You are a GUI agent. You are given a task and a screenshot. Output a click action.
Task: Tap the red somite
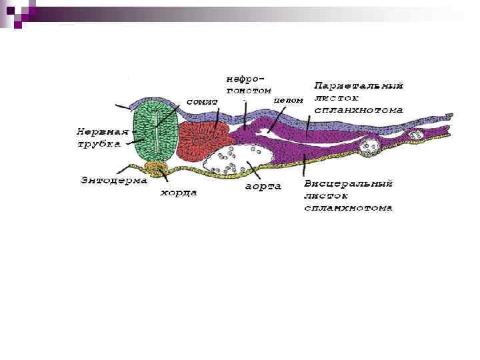tap(199, 140)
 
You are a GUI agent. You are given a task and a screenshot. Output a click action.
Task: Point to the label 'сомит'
tap(202, 101)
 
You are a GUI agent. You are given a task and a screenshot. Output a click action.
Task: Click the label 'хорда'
tap(177, 193)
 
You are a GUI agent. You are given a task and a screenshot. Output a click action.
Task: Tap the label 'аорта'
tap(263, 186)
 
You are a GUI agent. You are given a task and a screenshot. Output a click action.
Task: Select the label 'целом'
tap(289, 99)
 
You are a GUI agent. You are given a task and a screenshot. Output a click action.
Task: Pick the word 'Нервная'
tap(97, 131)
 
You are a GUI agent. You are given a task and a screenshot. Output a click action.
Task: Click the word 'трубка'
tap(98, 143)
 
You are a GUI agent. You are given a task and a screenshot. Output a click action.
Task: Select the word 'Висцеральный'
tap(347, 183)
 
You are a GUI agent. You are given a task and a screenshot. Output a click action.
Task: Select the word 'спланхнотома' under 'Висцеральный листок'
tap(347, 207)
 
